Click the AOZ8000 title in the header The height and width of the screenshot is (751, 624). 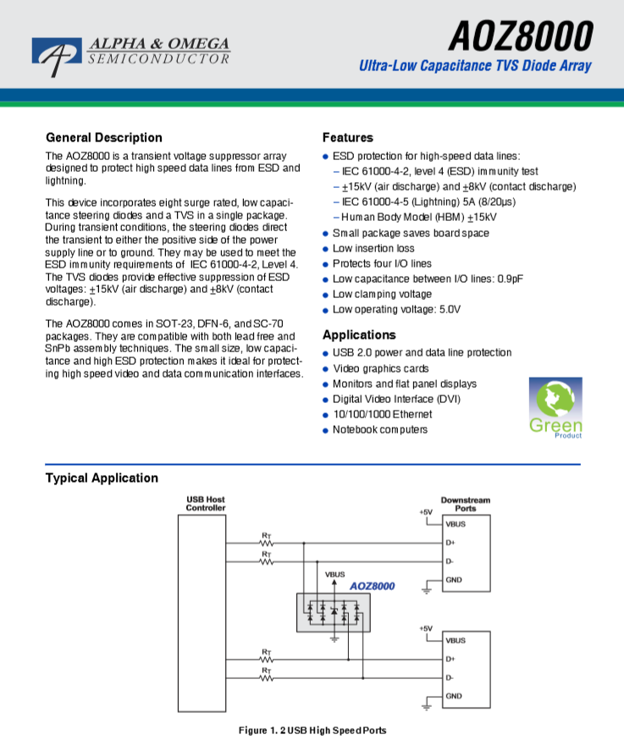coord(521,36)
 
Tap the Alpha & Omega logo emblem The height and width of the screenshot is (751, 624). coord(57,54)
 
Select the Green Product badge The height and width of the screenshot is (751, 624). coord(555,408)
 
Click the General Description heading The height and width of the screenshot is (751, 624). coord(104,138)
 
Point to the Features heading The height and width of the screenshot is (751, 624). coord(348,138)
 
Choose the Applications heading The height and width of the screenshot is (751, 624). coord(359,334)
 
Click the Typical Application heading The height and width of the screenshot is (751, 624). coord(102,478)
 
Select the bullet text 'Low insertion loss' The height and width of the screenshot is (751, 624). coord(373,248)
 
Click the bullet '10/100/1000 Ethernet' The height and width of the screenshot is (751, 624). coord(383,414)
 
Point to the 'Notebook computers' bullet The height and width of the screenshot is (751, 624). coord(380,429)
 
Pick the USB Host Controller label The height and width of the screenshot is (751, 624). coord(206,504)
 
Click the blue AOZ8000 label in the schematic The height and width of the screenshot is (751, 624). coord(372,586)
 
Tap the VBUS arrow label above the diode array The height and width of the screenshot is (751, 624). coord(334,574)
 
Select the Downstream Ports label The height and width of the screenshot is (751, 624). coord(466,505)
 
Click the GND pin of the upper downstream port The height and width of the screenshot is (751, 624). coord(454,580)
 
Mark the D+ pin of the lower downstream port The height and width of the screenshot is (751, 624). coord(450,659)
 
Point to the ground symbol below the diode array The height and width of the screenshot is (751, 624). coord(334,639)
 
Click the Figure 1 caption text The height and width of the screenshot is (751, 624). coord(312,731)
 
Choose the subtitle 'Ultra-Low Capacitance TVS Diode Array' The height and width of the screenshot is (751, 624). coord(475,65)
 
